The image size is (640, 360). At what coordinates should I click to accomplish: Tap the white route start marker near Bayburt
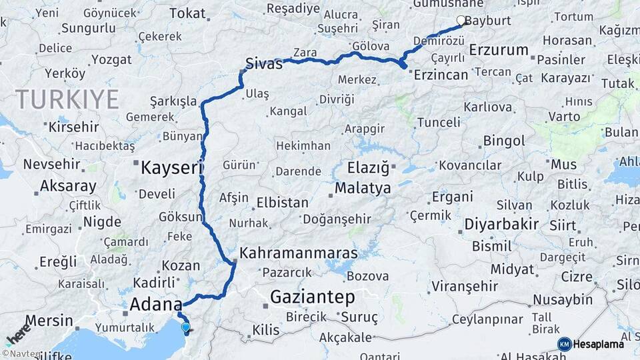coord(461,21)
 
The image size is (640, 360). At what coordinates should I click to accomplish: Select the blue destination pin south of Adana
coord(185,327)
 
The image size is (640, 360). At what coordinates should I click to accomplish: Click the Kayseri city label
coord(171,168)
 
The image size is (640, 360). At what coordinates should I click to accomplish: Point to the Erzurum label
coord(499,50)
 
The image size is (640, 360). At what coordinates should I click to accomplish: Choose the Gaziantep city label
coord(312,297)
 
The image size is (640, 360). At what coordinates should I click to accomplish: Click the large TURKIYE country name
coord(67,99)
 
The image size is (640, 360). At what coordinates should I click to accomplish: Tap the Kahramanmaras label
coord(298,253)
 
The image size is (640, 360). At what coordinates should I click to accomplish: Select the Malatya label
coord(363,189)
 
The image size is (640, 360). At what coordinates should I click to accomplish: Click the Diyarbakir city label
coord(501,224)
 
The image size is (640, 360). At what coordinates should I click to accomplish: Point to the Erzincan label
coord(441,75)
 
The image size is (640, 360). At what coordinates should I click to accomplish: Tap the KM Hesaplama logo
coord(591,344)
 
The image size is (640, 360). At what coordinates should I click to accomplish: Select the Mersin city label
coord(49,321)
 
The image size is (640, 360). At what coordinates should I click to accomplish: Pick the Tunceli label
coord(438,123)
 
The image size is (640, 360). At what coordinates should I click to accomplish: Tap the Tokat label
coord(188,13)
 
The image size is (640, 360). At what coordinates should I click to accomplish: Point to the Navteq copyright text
coord(19,354)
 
